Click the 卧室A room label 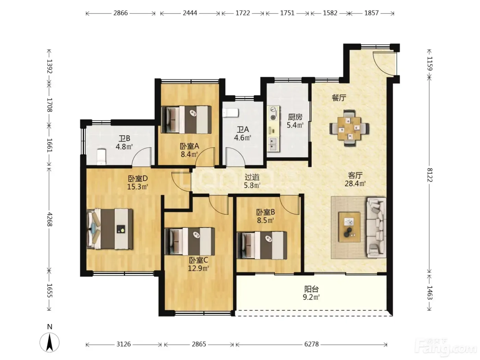click(189, 146)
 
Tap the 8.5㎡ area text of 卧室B click(265, 220)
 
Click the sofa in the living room click(376, 228)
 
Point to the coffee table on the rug click(349, 227)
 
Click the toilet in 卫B click(101, 157)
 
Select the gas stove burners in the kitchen click(273, 113)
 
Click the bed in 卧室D click(110, 229)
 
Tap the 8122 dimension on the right click(430, 175)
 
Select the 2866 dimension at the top click(120, 13)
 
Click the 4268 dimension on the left click(49, 219)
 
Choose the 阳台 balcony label click(311, 289)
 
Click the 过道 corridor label click(252, 177)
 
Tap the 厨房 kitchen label click(295, 117)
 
